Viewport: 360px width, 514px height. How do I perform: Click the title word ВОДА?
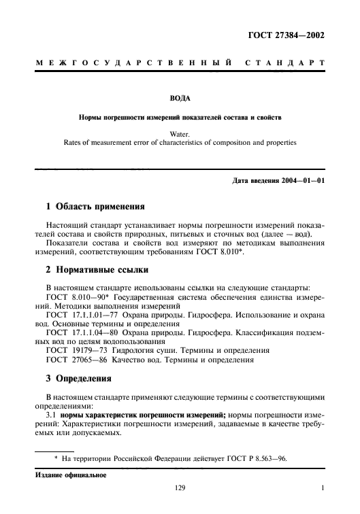[x=180, y=98]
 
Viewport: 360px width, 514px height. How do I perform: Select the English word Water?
[x=180, y=135]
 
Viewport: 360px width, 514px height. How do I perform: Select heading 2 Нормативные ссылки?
[x=96, y=269]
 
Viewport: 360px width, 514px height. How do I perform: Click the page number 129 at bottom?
[x=180, y=488]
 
